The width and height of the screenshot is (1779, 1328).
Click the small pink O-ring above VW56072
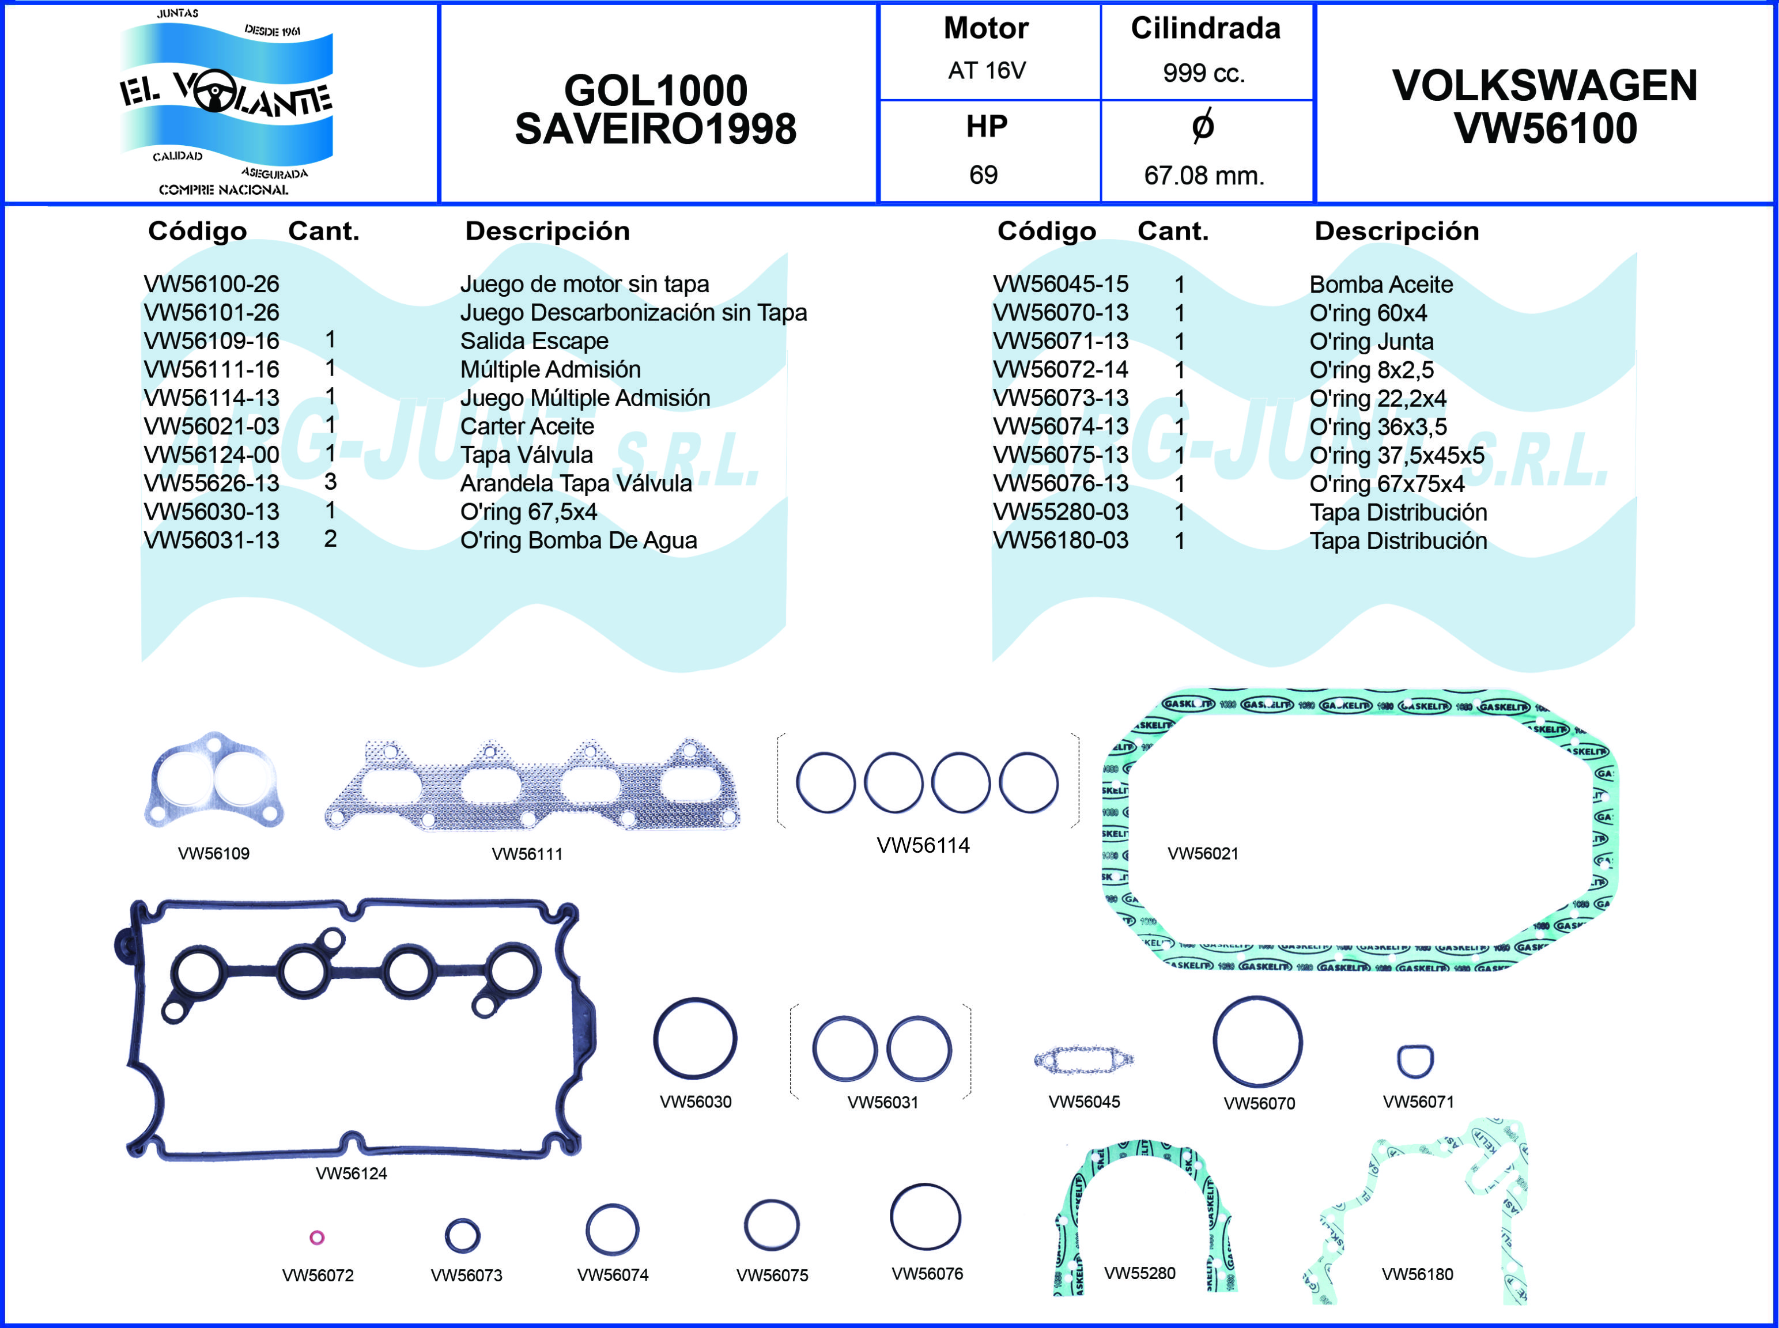click(x=317, y=1237)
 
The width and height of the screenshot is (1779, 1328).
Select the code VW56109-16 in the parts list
click(x=211, y=341)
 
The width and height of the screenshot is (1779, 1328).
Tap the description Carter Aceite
click(x=527, y=426)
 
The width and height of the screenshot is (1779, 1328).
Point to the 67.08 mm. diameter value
click(x=1203, y=175)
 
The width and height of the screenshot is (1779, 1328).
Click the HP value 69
click(x=983, y=175)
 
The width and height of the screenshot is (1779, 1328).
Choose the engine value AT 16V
click(x=987, y=71)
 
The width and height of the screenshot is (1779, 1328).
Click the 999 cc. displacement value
click(x=1203, y=73)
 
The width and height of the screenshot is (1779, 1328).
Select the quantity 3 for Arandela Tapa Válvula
click(x=330, y=482)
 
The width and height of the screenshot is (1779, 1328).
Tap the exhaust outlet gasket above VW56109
click(x=214, y=781)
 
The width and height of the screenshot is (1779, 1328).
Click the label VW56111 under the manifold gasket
click(x=527, y=854)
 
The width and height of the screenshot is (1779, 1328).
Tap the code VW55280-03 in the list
click(x=1060, y=512)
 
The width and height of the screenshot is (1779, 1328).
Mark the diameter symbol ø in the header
click(x=1203, y=126)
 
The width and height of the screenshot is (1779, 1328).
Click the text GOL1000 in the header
click(x=655, y=90)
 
